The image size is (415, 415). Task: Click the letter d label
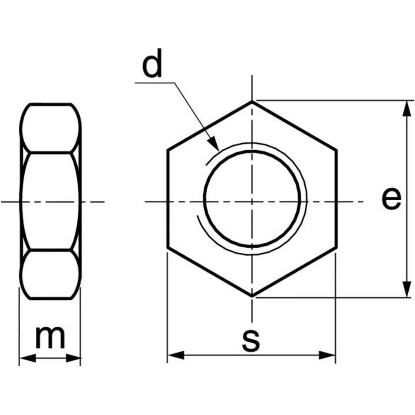(x=152, y=63)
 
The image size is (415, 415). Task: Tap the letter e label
(x=391, y=198)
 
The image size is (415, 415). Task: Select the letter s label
(x=251, y=341)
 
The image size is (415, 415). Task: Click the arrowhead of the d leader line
(x=214, y=144)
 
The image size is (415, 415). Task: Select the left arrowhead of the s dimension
(x=176, y=355)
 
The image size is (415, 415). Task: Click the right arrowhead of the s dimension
(x=327, y=355)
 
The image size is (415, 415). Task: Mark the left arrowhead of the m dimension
(x=28, y=358)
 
